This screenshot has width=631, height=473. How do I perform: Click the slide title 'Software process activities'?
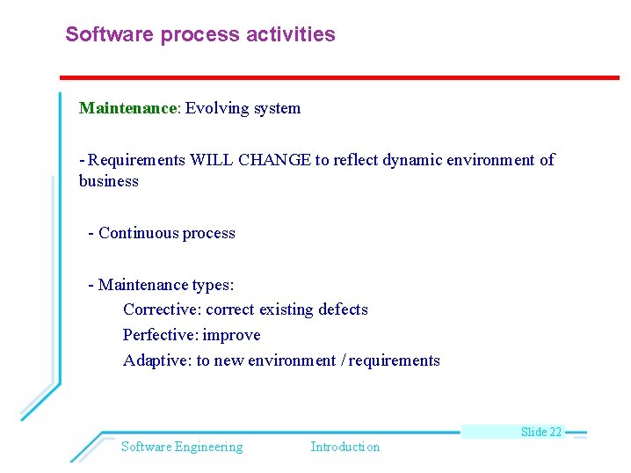[200, 35]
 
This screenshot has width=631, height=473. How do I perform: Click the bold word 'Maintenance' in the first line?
[128, 108]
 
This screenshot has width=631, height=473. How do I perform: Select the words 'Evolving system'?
[243, 108]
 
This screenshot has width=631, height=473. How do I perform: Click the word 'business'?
[109, 181]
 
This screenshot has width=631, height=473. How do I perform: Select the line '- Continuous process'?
[162, 233]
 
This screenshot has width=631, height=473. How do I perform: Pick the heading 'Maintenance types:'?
[166, 285]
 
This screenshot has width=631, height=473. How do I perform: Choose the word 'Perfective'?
[160, 335]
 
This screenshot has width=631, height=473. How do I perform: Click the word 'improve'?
[232, 335]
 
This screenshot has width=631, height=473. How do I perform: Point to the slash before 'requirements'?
[344, 360]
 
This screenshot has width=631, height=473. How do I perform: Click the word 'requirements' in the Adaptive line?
[395, 360]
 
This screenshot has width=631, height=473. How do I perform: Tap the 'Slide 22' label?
[540, 432]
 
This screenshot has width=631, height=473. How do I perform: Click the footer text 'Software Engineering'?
[182, 447]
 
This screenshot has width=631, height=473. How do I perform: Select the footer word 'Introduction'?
[345, 447]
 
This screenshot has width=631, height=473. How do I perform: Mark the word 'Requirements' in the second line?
[137, 160]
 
